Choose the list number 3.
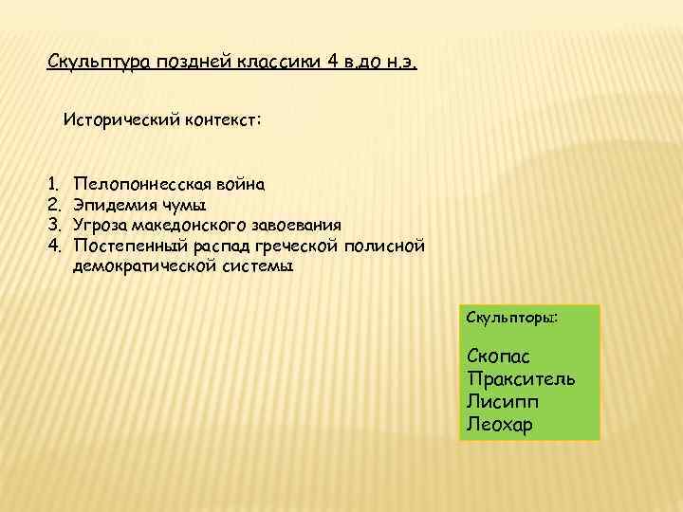54,225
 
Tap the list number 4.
54,246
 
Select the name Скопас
499,357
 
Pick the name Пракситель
521,379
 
